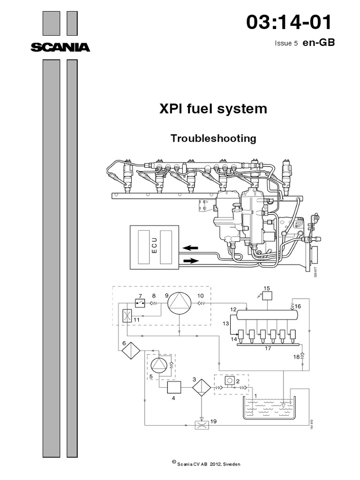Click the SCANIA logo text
coord(60,47)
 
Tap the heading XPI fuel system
coord(213,109)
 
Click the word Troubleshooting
coord(213,139)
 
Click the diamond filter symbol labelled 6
coord(131,350)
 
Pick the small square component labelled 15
coord(268,296)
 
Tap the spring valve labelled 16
coord(292,306)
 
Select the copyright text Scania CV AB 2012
coord(206,464)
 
